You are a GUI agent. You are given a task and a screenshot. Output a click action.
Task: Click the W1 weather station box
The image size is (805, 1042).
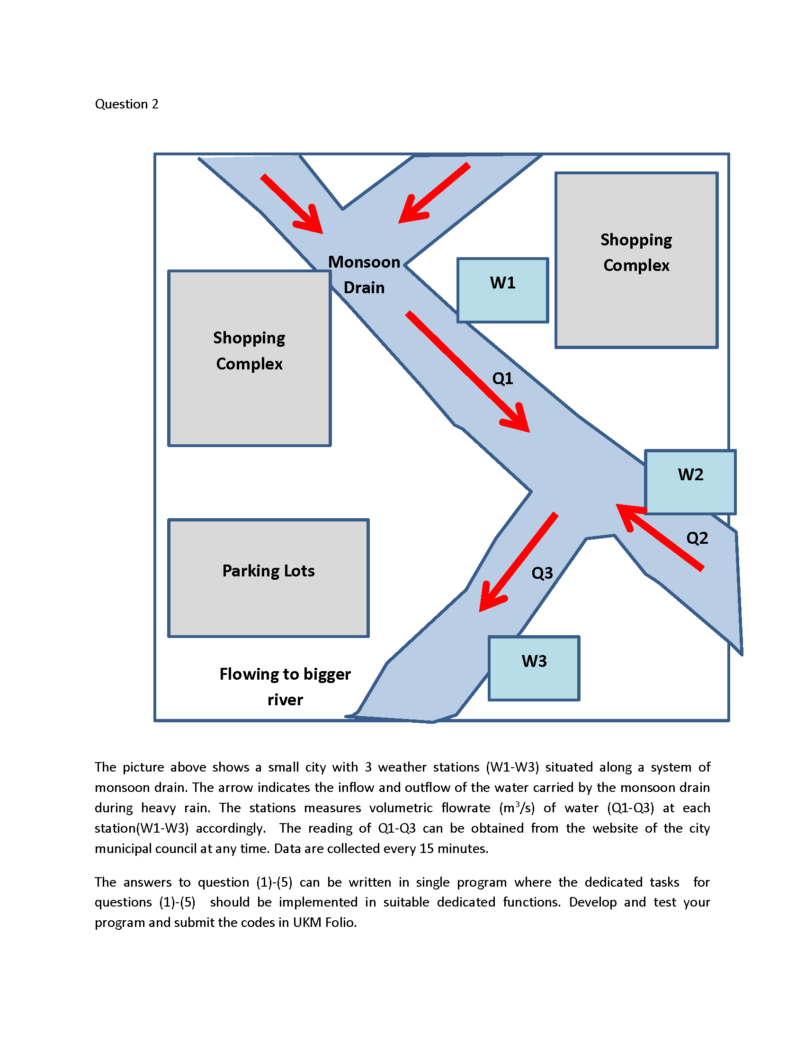coord(502,290)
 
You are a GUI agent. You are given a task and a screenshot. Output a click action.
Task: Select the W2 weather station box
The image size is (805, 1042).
coord(690,482)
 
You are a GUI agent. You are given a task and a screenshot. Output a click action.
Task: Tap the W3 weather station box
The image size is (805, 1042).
coord(534,668)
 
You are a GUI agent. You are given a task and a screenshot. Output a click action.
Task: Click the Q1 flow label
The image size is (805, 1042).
coord(502,378)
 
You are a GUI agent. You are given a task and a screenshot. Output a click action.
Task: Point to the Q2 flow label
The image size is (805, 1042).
coord(697,538)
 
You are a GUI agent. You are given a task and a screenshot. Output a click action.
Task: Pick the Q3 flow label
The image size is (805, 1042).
coord(542,573)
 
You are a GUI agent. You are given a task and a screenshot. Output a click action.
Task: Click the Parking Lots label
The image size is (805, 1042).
coord(268,571)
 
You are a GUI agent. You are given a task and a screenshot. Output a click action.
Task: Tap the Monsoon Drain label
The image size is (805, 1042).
coord(364,275)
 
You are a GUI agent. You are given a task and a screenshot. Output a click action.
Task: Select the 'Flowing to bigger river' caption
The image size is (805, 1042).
coord(285,687)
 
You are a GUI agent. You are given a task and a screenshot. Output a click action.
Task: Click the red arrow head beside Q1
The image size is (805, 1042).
coord(518,420)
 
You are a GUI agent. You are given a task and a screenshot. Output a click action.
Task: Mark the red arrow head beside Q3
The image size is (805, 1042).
coord(490,599)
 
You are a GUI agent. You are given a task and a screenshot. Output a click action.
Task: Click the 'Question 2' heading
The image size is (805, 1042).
coord(126,104)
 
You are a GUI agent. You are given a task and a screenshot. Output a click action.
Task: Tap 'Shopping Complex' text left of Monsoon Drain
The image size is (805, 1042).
coord(249,350)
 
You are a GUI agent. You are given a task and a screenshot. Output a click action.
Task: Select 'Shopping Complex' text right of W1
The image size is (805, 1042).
coord(636,252)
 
